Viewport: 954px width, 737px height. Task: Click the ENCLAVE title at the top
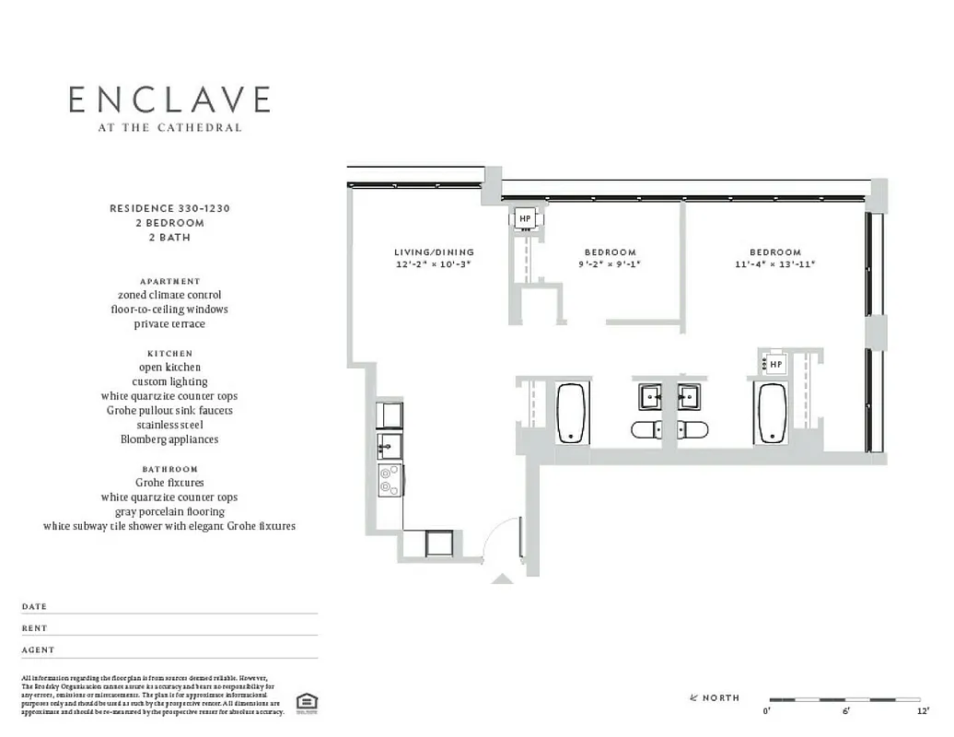click(x=169, y=99)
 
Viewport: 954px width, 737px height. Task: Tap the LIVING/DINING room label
click(x=434, y=252)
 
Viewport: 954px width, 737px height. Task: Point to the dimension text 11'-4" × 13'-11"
click(x=774, y=264)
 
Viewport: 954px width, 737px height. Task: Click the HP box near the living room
click(x=525, y=218)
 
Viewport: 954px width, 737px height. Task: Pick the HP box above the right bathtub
click(x=775, y=365)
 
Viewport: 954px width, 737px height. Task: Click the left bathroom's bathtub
click(x=572, y=414)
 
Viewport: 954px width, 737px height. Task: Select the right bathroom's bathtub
click(x=771, y=414)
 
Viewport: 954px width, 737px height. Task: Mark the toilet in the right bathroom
click(x=693, y=429)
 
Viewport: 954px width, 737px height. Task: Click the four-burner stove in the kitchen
click(x=390, y=480)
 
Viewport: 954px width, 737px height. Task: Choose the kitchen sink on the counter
click(x=388, y=447)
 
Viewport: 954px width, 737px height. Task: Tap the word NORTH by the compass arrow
click(x=721, y=697)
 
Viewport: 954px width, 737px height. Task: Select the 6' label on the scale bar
click(x=845, y=711)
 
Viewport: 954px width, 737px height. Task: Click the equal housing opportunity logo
click(x=308, y=703)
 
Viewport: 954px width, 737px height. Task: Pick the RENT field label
click(x=34, y=628)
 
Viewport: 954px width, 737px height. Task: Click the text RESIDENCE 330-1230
click(x=169, y=209)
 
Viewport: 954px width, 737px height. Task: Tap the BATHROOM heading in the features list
click(x=169, y=469)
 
